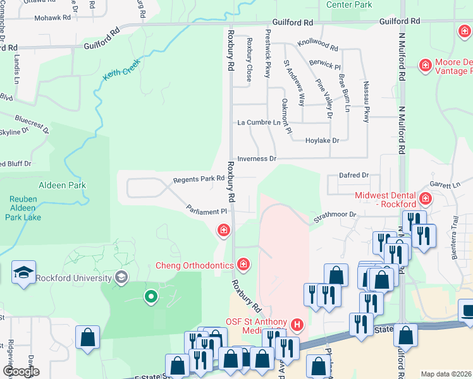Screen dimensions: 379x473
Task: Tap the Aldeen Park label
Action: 62,185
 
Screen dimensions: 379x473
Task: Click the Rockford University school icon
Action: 121,277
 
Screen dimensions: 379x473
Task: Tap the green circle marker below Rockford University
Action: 150,296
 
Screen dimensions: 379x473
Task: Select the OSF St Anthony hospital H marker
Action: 298,325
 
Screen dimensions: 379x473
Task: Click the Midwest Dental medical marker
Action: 425,200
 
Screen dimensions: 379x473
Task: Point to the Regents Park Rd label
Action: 199,179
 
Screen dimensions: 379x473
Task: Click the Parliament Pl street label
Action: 206,210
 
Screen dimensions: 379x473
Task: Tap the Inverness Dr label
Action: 256,159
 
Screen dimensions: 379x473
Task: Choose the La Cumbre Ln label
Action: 258,123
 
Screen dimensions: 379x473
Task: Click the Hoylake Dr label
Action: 322,141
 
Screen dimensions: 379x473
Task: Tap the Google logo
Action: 20,371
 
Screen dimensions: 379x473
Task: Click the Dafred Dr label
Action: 353,175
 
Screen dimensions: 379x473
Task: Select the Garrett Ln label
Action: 445,185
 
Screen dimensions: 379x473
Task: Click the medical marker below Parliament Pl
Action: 223,231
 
